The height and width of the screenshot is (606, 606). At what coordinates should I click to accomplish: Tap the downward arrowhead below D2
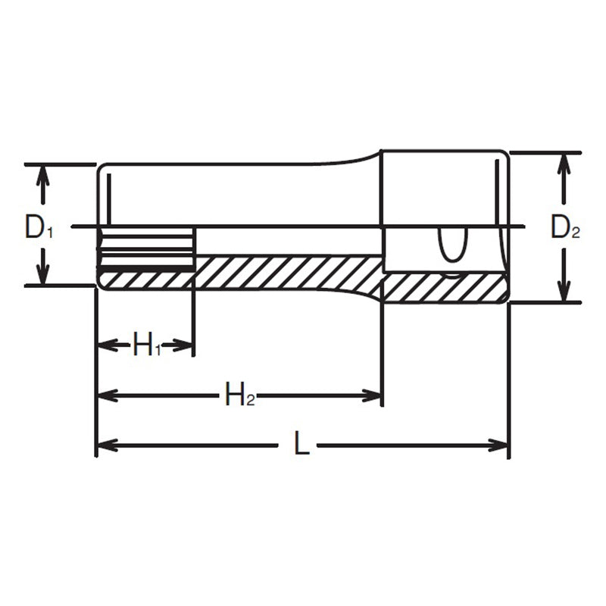coord(563,292)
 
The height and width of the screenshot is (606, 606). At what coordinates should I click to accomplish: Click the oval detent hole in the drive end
coord(453,247)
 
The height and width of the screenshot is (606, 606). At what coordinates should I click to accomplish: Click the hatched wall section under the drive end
coord(443,287)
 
